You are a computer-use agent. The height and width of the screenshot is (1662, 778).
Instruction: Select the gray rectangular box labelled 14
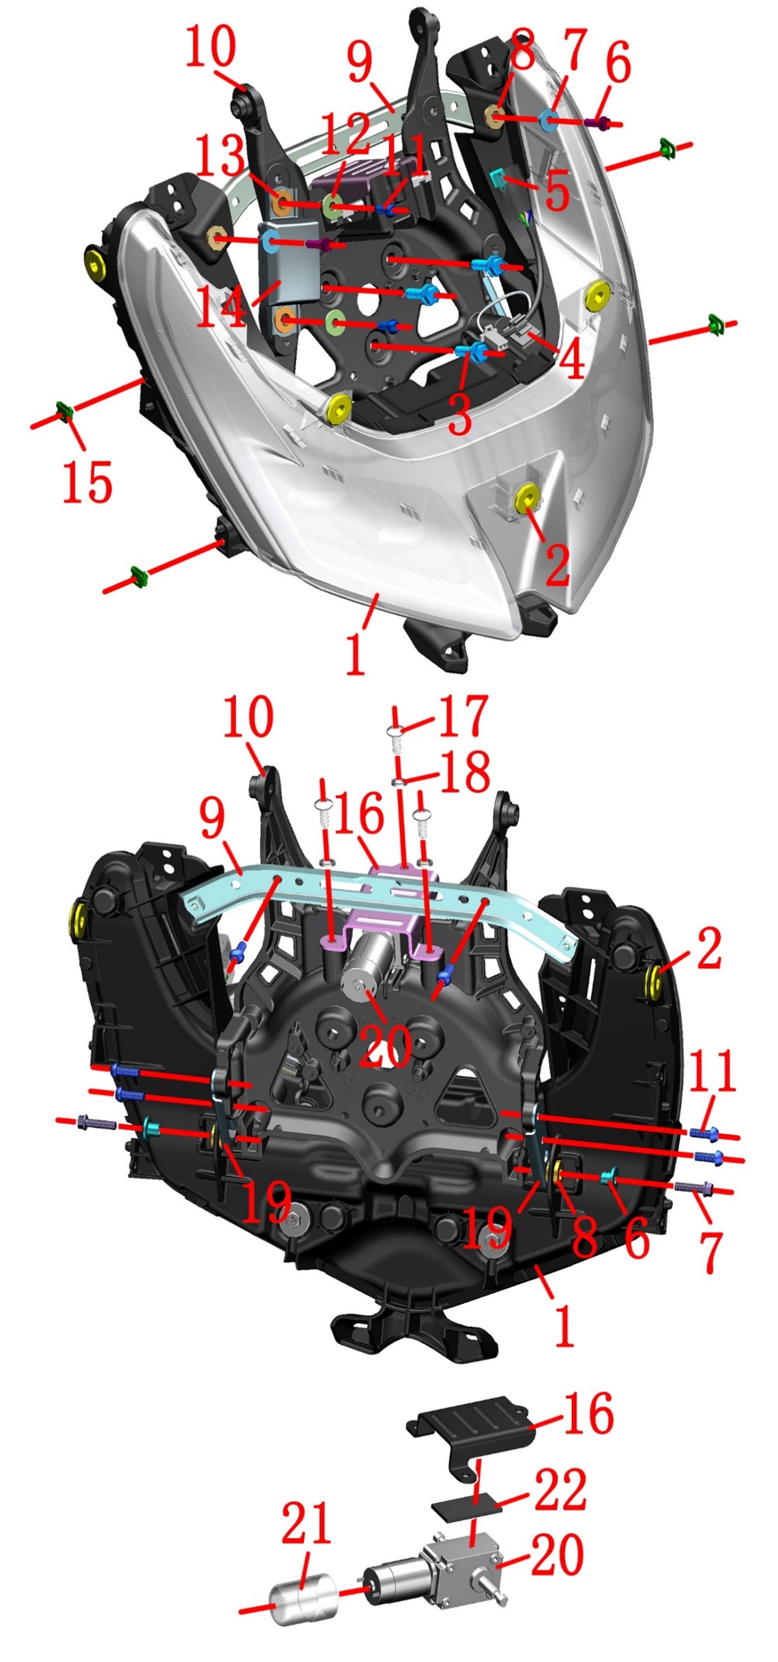click(x=290, y=261)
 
